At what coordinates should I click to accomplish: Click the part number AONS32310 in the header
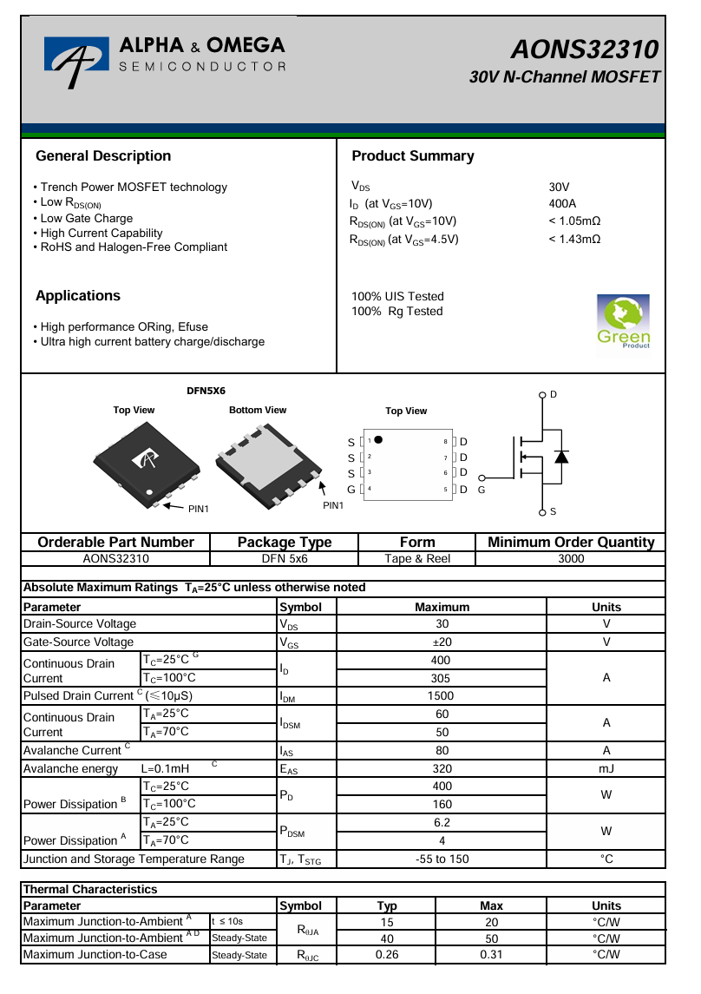coord(585,49)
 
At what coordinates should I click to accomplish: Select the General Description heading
coord(103,156)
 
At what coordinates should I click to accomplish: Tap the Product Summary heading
coord(413,156)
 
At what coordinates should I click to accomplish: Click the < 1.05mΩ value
coord(574,221)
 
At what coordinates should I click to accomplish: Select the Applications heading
coord(78,296)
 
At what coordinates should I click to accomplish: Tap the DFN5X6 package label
coord(206,391)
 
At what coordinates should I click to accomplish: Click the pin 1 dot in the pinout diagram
coord(378,439)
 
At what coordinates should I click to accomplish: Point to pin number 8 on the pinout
coord(445,442)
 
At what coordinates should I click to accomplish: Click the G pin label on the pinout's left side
coord(350,490)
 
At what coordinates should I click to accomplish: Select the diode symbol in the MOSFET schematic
coord(561,457)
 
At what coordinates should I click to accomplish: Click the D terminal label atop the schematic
coord(554,395)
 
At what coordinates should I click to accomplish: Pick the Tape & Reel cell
coord(417,559)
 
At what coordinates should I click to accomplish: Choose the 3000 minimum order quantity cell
coord(571,559)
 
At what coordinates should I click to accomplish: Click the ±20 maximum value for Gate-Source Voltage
coord(442,642)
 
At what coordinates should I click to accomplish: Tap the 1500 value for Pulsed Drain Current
coord(442,695)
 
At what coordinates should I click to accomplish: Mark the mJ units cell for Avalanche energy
coord(606,768)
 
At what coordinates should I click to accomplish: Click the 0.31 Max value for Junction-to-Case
coord(491,955)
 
